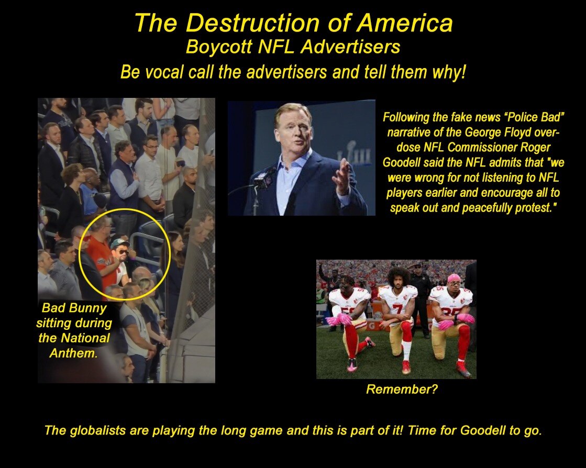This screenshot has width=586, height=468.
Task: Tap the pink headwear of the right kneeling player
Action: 454,278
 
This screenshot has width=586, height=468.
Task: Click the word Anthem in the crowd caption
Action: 73,353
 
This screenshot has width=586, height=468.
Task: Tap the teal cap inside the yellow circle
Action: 119,243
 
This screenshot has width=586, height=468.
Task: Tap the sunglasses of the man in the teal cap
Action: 123,252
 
